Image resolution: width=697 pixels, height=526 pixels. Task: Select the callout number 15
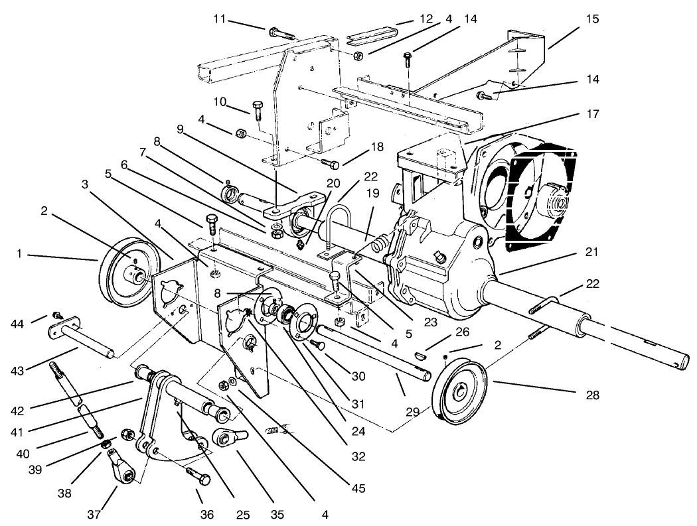pyautogui.click(x=592, y=19)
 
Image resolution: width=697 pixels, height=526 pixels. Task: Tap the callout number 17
pyautogui.click(x=593, y=114)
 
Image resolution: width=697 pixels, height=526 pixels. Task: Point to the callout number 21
pyautogui.click(x=592, y=251)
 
